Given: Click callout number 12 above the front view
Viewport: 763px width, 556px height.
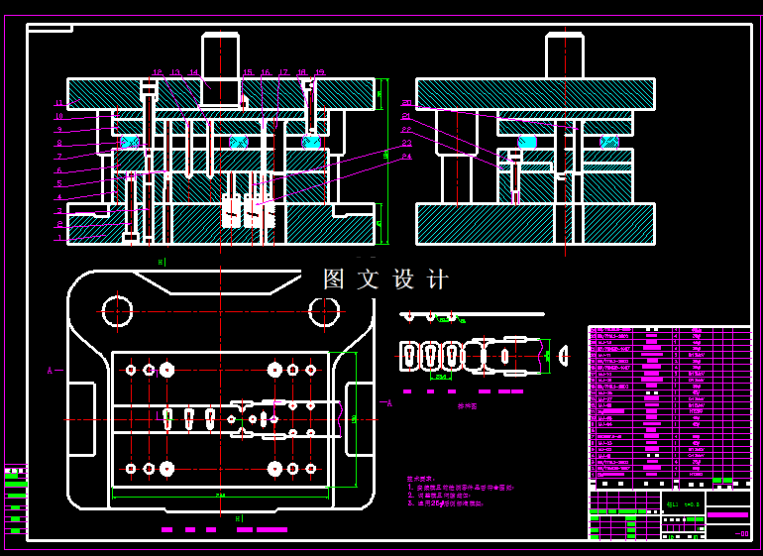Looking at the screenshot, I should pyautogui.click(x=158, y=72).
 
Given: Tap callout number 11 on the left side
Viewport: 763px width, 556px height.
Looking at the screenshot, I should pyautogui.click(x=59, y=103).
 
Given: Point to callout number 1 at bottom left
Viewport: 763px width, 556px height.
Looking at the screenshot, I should pyautogui.click(x=59, y=238).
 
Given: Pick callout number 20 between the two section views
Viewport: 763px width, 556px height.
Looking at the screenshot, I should pyautogui.click(x=406, y=103).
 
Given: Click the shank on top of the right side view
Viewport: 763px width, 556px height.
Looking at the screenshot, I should pyautogui.click(x=565, y=56).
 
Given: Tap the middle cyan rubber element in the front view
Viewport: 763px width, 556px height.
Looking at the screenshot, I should pyautogui.click(x=238, y=142).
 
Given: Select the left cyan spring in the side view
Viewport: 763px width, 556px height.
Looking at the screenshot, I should pyautogui.click(x=527, y=142).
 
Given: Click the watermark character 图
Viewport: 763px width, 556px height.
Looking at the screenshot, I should pyautogui.click(x=334, y=279).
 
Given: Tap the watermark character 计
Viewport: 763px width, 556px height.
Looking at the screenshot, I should pyautogui.click(x=437, y=279).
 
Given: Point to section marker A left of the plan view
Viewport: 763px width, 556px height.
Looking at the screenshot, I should pyautogui.click(x=50, y=371).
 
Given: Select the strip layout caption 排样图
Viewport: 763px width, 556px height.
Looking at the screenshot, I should pyautogui.click(x=467, y=406).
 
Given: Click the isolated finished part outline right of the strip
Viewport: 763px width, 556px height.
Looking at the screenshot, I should pyautogui.click(x=564, y=353).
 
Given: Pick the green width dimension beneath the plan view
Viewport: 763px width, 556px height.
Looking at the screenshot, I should pyautogui.click(x=220, y=494).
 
